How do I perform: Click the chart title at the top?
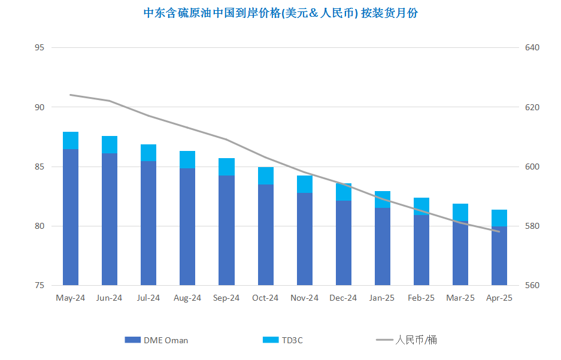(280, 13)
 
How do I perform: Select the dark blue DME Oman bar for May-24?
(71, 217)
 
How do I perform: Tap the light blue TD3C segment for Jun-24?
(110, 144)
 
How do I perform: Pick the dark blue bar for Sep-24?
(226, 231)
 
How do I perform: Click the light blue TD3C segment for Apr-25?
(499, 218)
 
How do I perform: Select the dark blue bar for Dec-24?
(344, 243)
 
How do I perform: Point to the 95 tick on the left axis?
(40, 47)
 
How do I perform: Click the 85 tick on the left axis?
(40, 167)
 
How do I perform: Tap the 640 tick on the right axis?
(532, 47)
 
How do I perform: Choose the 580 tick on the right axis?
(532, 226)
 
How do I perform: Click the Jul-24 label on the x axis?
(148, 298)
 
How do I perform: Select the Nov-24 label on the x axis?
(305, 298)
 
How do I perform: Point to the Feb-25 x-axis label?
(421, 298)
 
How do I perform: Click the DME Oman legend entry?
(156, 340)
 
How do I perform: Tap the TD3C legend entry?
(283, 340)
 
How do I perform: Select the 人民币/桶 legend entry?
(407, 340)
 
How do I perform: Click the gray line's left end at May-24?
(71, 95)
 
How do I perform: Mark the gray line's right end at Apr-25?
(499, 232)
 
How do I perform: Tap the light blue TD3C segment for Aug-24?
(187, 159)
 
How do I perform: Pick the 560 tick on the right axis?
(532, 286)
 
